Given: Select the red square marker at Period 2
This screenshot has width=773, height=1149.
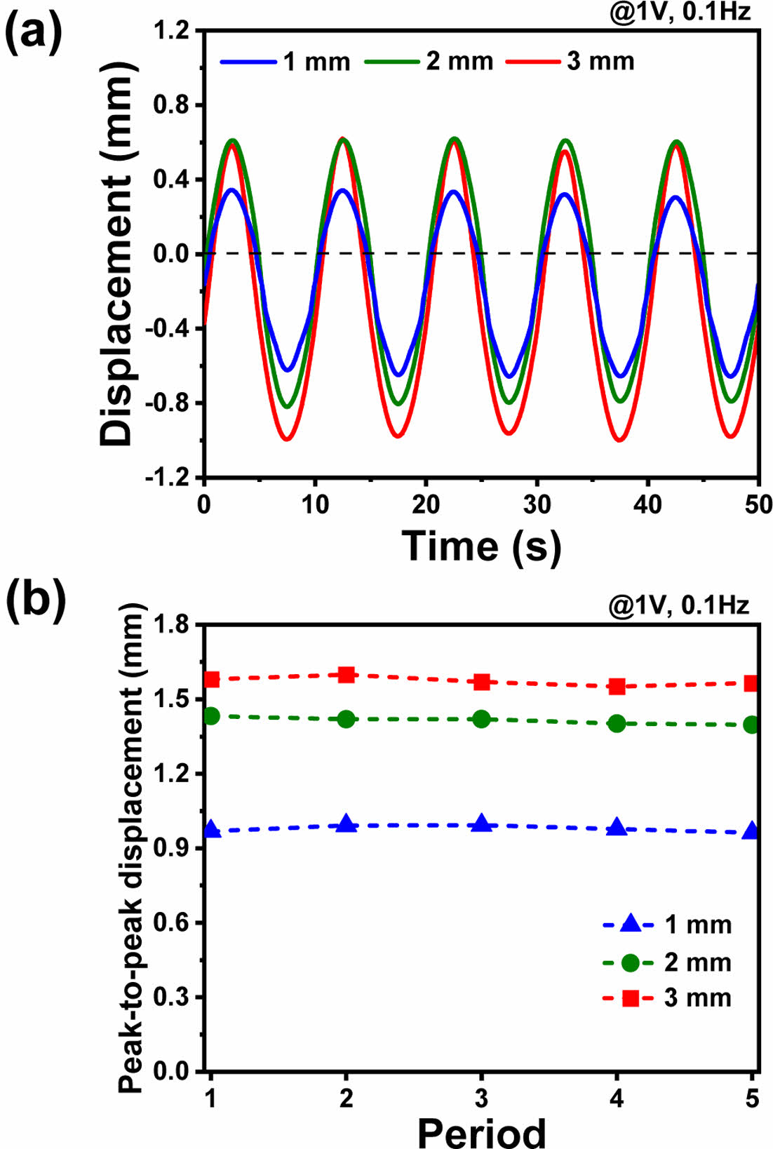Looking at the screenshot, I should pyautogui.click(x=347, y=675).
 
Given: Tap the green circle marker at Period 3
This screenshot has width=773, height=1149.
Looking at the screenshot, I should pyautogui.click(x=481, y=718).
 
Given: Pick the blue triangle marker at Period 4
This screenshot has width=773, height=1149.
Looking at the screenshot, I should pyautogui.click(x=617, y=827).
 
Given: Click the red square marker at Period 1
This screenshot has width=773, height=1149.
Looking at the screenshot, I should pyautogui.click(x=211, y=679).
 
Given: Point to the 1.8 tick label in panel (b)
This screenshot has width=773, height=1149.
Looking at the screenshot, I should pyautogui.click(x=173, y=624).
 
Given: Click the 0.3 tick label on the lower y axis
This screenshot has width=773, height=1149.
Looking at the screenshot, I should pyautogui.click(x=173, y=997).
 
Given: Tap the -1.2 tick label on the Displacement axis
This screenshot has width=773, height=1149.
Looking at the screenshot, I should pyautogui.click(x=168, y=478).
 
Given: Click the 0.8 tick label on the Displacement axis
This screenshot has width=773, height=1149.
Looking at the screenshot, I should pyautogui.click(x=173, y=105).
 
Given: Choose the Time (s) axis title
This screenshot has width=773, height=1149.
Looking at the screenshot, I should pyautogui.click(x=481, y=546).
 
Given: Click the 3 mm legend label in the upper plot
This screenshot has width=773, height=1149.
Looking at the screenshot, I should pyautogui.click(x=600, y=62).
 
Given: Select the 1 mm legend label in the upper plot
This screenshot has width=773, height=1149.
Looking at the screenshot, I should pyautogui.click(x=316, y=62).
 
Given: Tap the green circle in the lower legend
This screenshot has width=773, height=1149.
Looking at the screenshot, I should pyautogui.click(x=630, y=962).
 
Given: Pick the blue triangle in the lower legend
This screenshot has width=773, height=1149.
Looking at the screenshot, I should pyautogui.click(x=630, y=925).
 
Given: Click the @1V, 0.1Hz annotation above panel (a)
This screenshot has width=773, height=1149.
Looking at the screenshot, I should pyautogui.click(x=679, y=13).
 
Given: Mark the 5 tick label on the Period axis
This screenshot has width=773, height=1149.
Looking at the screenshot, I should pyautogui.click(x=752, y=1098).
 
